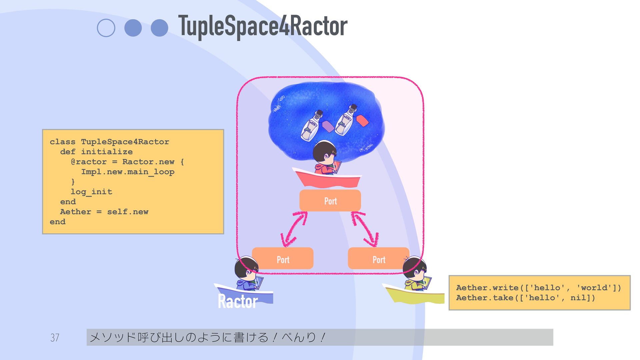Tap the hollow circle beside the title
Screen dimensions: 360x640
[x=106, y=28]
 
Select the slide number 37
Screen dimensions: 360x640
[x=55, y=338]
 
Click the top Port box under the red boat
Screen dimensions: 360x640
[x=330, y=201]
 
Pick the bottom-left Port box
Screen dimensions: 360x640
[x=283, y=259]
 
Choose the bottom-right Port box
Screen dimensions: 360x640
[x=378, y=259]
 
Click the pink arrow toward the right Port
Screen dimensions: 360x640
[x=365, y=229]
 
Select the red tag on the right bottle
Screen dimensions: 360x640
[x=362, y=120]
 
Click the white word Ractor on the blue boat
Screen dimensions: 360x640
[x=238, y=301]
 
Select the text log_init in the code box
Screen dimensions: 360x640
[x=91, y=192]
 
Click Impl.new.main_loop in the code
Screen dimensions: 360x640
[x=128, y=172]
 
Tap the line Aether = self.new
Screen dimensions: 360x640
[x=104, y=212]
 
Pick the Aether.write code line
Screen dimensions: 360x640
[x=538, y=288]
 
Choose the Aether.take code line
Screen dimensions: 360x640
[x=525, y=298]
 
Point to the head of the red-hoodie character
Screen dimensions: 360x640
[x=324, y=152]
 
